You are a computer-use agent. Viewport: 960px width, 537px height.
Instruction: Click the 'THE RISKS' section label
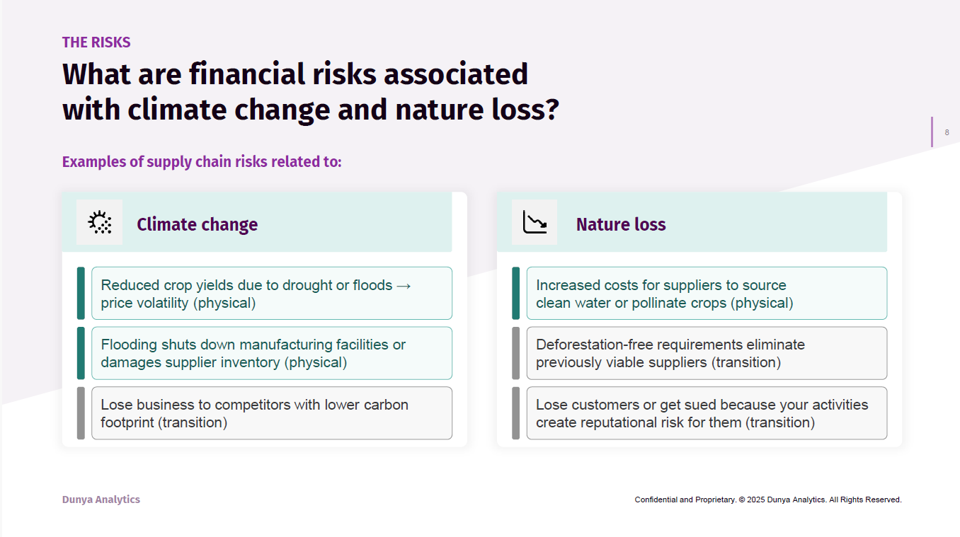click(x=96, y=42)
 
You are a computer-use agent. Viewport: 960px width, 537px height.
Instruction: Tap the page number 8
click(x=947, y=132)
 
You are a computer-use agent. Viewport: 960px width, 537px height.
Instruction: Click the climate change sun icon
click(x=99, y=222)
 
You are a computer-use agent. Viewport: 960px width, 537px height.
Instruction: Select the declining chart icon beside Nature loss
click(x=535, y=222)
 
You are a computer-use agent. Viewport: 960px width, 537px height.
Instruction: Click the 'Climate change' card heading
click(x=197, y=225)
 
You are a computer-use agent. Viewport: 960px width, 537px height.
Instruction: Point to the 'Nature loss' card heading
click(x=621, y=225)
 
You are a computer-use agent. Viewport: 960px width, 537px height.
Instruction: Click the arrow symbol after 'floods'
click(x=404, y=286)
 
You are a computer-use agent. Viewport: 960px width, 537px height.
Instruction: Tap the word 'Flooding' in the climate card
click(x=127, y=345)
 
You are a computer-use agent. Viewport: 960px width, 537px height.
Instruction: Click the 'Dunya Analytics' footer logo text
click(x=101, y=500)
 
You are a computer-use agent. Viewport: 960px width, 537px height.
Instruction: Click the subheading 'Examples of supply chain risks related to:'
click(x=202, y=162)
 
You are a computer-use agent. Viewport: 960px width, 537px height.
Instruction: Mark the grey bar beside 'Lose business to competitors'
click(x=81, y=413)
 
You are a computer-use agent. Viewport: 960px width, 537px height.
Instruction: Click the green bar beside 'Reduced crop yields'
click(x=81, y=293)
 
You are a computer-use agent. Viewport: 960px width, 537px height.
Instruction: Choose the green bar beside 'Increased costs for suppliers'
click(x=515, y=293)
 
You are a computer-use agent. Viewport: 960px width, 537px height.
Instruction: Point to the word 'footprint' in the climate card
click(x=127, y=423)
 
